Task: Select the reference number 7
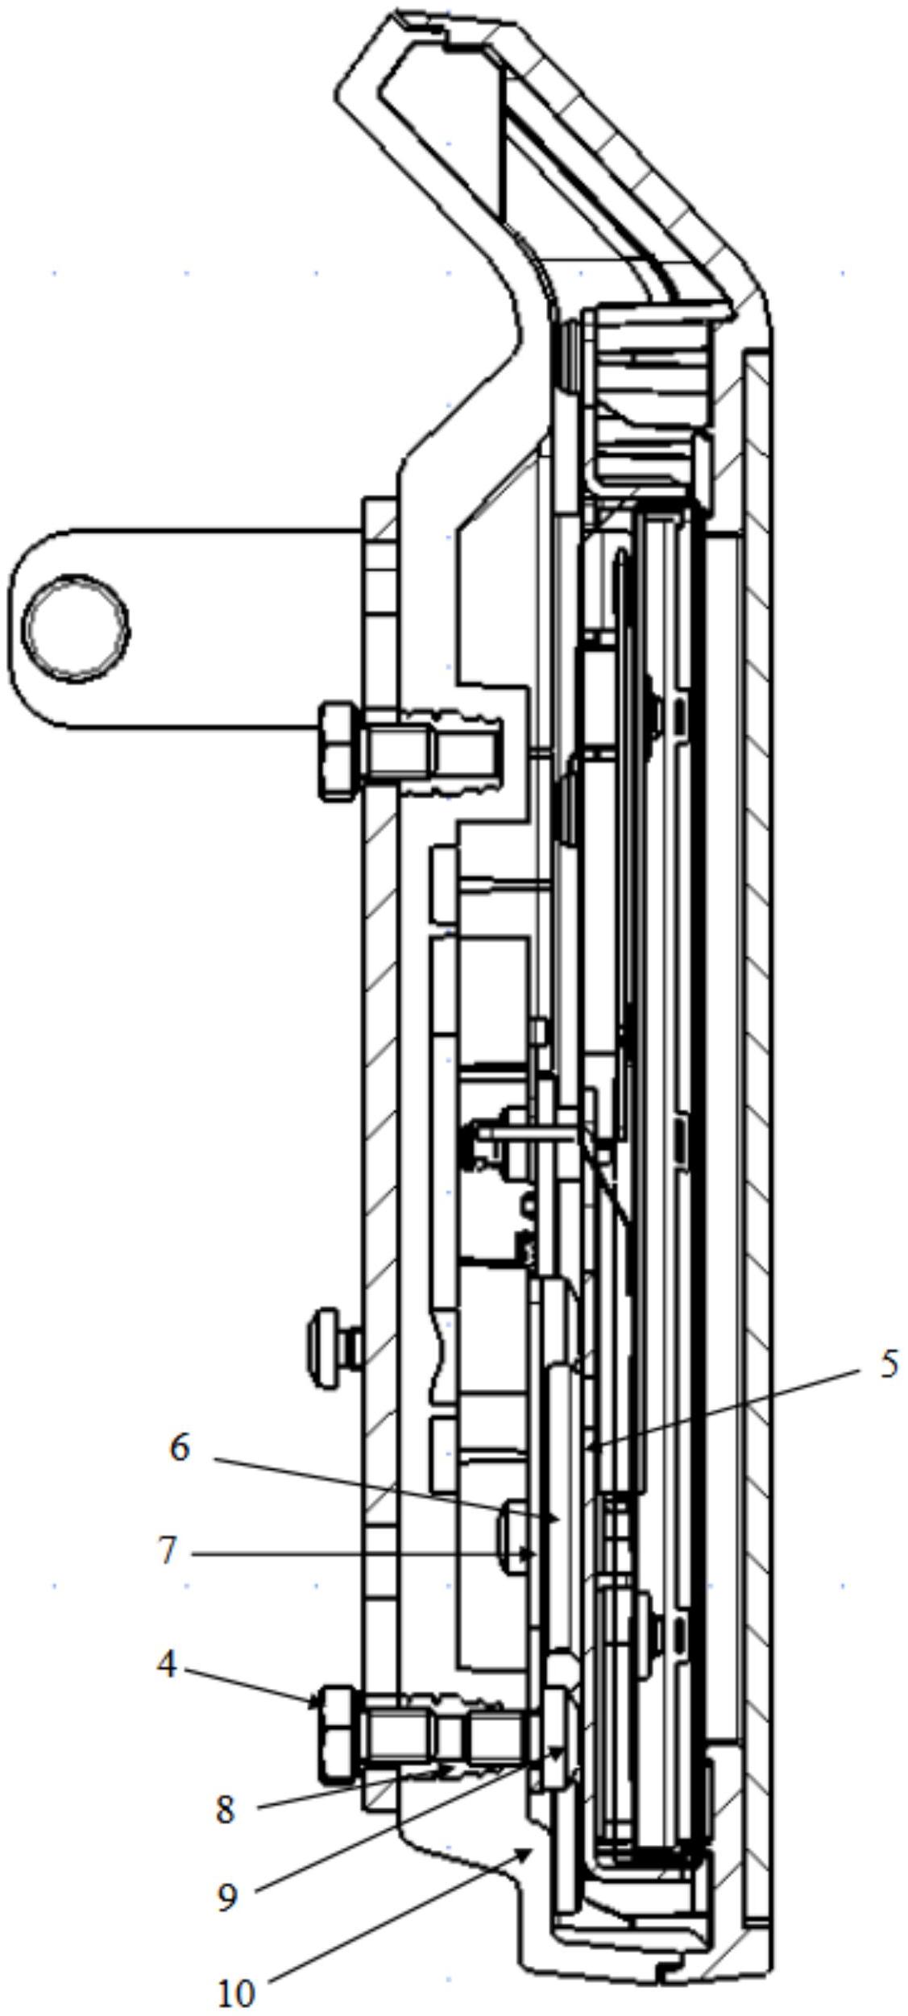pyautogui.click(x=167, y=1551)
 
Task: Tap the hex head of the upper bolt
pyautogui.click(x=338, y=751)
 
